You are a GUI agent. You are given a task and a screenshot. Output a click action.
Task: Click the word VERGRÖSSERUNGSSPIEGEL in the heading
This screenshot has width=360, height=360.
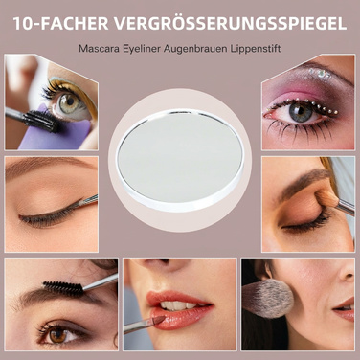pyautogui.click(x=230, y=23)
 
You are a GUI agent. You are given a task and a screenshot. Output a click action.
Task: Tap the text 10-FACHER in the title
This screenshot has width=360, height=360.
pyautogui.click(x=60, y=23)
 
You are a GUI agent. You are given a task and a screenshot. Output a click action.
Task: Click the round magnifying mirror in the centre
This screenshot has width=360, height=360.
pyautogui.click(x=180, y=160)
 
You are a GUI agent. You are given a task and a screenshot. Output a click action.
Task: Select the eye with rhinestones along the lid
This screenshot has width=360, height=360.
pyautogui.click(x=300, y=113)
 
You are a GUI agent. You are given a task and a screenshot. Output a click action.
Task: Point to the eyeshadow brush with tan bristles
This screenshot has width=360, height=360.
pyautogui.click(x=334, y=200)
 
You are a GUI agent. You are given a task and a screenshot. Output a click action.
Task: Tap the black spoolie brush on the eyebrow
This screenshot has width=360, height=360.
pyautogui.click(x=63, y=287)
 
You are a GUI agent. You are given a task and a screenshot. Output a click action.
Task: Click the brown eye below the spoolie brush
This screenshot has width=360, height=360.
pyautogui.click(x=58, y=334)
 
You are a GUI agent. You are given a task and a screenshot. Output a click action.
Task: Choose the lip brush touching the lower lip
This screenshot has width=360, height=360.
pyautogui.click(x=145, y=325)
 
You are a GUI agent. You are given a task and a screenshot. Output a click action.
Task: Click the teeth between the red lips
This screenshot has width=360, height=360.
pyautogui.click(x=178, y=305)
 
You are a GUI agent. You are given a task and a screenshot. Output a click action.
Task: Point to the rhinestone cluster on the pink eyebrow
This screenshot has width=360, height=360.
pyautogui.click(x=321, y=74)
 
